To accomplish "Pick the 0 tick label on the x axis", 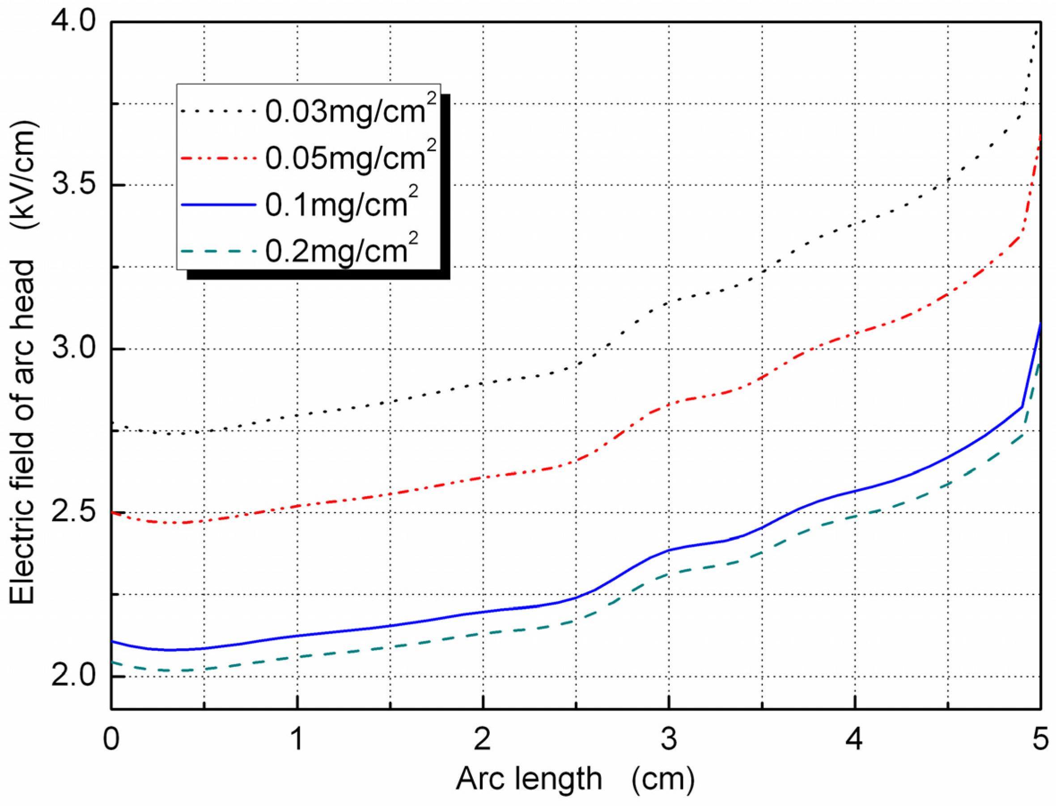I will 111,739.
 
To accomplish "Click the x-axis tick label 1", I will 297,739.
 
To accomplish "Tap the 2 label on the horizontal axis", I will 483,739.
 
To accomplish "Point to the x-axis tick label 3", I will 669,739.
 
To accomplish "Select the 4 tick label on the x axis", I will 854,739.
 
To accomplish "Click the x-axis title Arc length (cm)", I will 575,779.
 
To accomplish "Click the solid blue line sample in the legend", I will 219,205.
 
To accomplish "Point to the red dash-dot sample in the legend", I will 219,158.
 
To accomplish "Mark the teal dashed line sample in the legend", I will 219,251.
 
